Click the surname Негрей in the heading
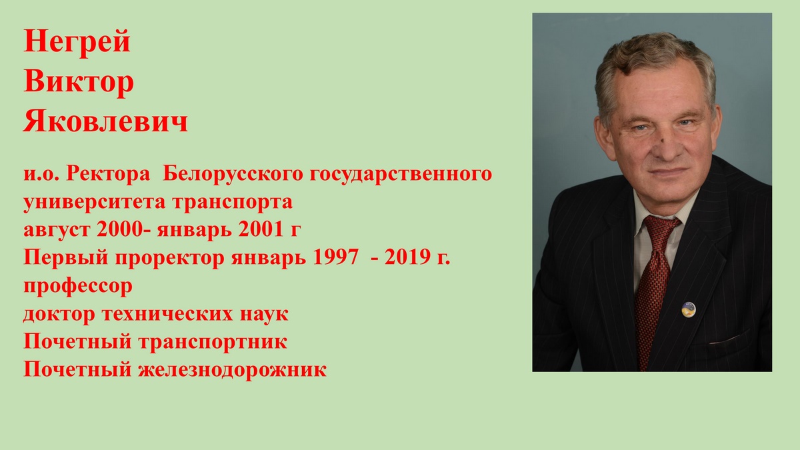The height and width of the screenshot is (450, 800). (x=77, y=42)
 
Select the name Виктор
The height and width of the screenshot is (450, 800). (x=79, y=82)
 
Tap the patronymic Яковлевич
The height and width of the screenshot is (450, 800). (x=106, y=121)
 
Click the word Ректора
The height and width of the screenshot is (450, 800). (x=108, y=175)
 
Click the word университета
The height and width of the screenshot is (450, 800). (x=95, y=203)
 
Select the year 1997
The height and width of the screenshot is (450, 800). (x=335, y=257)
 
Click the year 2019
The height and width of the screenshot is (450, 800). (x=407, y=257)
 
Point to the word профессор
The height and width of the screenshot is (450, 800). (x=78, y=287)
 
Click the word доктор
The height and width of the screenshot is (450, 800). (x=59, y=315)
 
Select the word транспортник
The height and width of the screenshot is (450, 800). (x=213, y=342)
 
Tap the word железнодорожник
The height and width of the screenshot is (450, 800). (x=232, y=370)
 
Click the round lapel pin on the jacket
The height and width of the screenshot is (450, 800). (x=688, y=309)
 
